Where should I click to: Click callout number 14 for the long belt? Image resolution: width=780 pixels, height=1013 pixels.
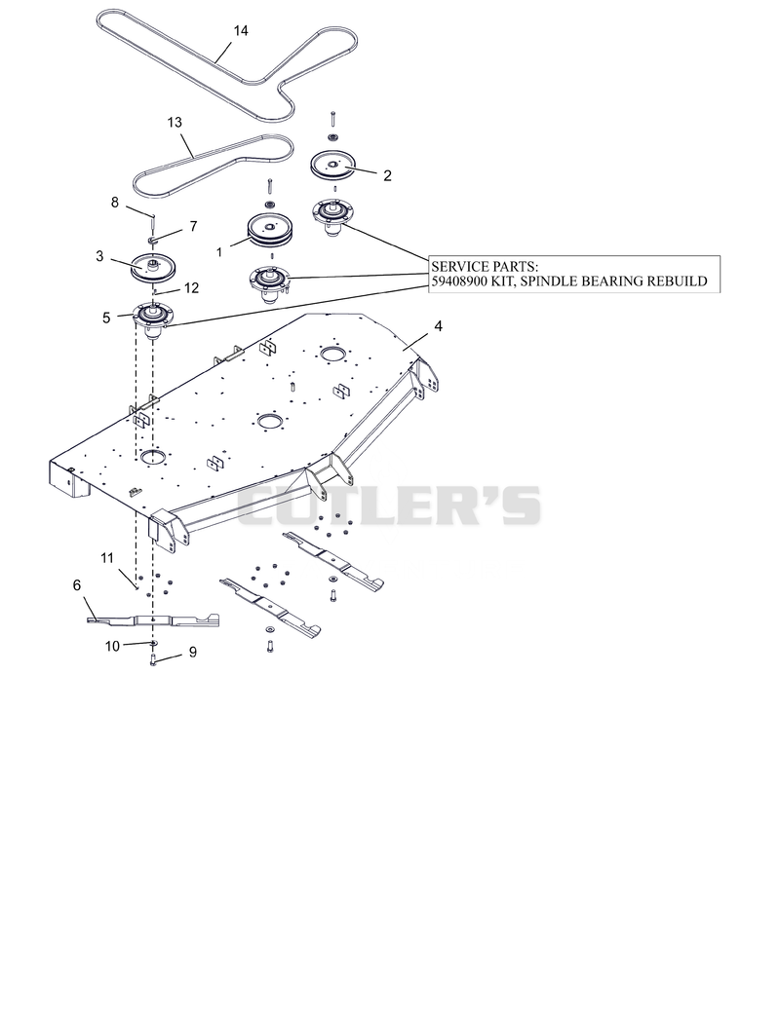(x=240, y=30)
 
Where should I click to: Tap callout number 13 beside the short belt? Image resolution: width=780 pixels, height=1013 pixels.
(x=175, y=122)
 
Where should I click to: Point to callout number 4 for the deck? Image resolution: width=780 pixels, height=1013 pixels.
(x=438, y=326)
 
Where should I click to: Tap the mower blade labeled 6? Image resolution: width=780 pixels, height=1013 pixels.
(x=153, y=620)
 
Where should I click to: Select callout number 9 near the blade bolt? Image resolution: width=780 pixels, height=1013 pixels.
(x=192, y=653)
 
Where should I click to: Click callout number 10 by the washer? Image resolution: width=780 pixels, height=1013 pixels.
(x=112, y=646)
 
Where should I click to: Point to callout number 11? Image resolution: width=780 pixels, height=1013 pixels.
(x=107, y=557)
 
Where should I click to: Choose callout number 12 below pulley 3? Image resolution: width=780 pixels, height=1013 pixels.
(x=191, y=288)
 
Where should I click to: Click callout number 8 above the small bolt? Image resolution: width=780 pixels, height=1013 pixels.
(x=114, y=203)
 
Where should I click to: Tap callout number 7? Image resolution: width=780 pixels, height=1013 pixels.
(x=193, y=226)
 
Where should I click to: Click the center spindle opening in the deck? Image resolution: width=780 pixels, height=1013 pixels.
(x=270, y=422)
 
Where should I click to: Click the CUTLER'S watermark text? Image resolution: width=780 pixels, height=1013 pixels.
(x=389, y=506)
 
